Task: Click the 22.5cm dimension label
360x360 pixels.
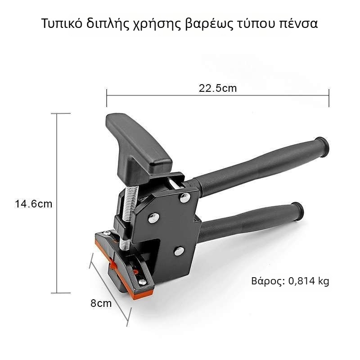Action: (x=218, y=88)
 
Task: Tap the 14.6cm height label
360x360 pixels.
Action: (x=33, y=204)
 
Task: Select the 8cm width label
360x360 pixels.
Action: (x=101, y=303)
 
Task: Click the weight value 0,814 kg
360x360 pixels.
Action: (x=309, y=281)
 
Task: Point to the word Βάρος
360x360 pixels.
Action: (x=268, y=281)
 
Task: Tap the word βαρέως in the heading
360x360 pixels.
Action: (x=207, y=24)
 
